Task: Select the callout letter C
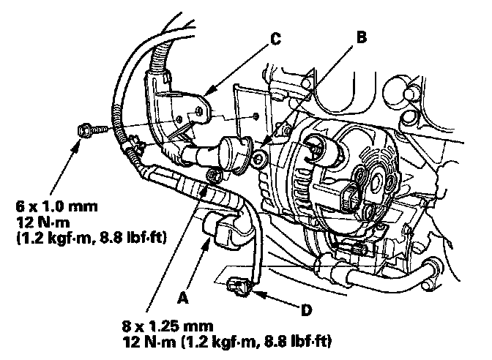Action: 275,40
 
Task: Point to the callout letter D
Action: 306,310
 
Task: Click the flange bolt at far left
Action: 86,130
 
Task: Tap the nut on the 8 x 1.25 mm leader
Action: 214,176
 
